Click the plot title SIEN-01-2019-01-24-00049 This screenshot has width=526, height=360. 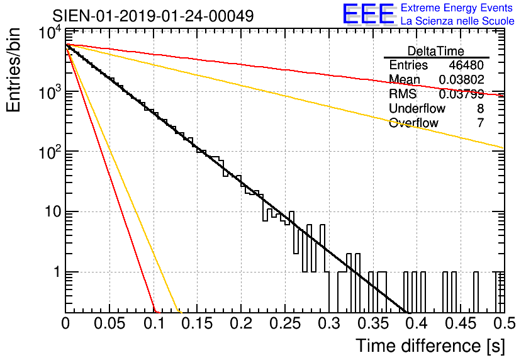pyautogui.click(x=153, y=16)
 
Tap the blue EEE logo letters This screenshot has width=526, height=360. pyautogui.click(x=368, y=14)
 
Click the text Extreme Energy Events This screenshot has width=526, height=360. pyautogui.click(x=457, y=8)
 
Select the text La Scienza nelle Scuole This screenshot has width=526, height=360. pyautogui.click(x=457, y=21)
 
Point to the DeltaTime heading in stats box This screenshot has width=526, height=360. pyautogui.click(x=436, y=51)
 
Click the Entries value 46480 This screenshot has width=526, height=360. pyautogui.click(x=466, y=65)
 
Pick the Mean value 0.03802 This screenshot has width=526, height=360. pyautogui.click(x=462, y=79)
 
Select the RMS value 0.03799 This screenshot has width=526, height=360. pyautogui.click(x=462, y=94)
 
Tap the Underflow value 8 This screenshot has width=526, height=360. pyautogui.click(x=480, y=108)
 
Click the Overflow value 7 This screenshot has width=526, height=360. pyautogui.click(x=480, y=123)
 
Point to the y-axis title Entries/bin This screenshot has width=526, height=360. pyautogui.click(x=13, y=70)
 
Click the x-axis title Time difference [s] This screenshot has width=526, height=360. pyautogui.click(x=430, y=346)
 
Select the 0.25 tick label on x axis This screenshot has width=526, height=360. pyautogui.click(x=285, y=323)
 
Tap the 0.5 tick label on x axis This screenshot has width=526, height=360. pyautogui.click(x=505, y=323)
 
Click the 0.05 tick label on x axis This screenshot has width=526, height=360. pyautogui.click(x=109, y=323)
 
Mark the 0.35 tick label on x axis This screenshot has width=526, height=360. pyautogui.click(x=373, y=323)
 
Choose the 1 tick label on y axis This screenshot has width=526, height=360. pyautogui.click(x=57, y=272)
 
